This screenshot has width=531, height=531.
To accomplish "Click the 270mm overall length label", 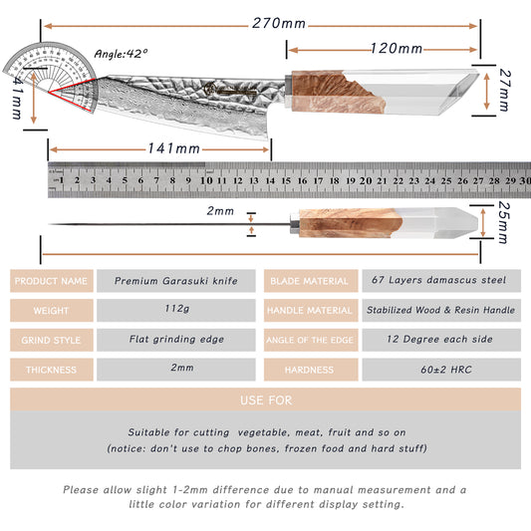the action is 279,24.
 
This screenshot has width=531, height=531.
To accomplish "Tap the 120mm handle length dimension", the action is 397,49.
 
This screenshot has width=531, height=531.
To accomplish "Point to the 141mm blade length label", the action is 174,148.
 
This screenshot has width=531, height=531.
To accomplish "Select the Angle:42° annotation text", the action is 121,54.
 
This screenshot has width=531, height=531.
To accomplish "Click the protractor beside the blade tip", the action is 51,75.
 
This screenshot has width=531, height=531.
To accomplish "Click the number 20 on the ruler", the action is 366,181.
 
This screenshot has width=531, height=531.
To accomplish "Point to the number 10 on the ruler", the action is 206,180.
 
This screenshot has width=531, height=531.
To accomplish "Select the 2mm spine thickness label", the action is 220,211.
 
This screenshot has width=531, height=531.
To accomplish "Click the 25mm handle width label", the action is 503,223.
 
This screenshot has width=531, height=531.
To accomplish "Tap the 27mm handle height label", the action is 504,90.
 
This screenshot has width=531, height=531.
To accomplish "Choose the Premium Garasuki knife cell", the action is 176,281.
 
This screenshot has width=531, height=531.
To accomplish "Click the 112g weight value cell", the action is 176,310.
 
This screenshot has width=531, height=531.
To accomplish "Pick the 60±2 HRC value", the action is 446,370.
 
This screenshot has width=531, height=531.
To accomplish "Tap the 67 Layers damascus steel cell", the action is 441,281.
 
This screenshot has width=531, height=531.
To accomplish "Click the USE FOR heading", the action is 266,400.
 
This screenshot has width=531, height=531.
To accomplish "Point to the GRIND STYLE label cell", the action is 52,340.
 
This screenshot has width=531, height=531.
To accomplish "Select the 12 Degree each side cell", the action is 441,340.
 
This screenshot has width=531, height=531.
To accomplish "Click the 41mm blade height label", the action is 17,99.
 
